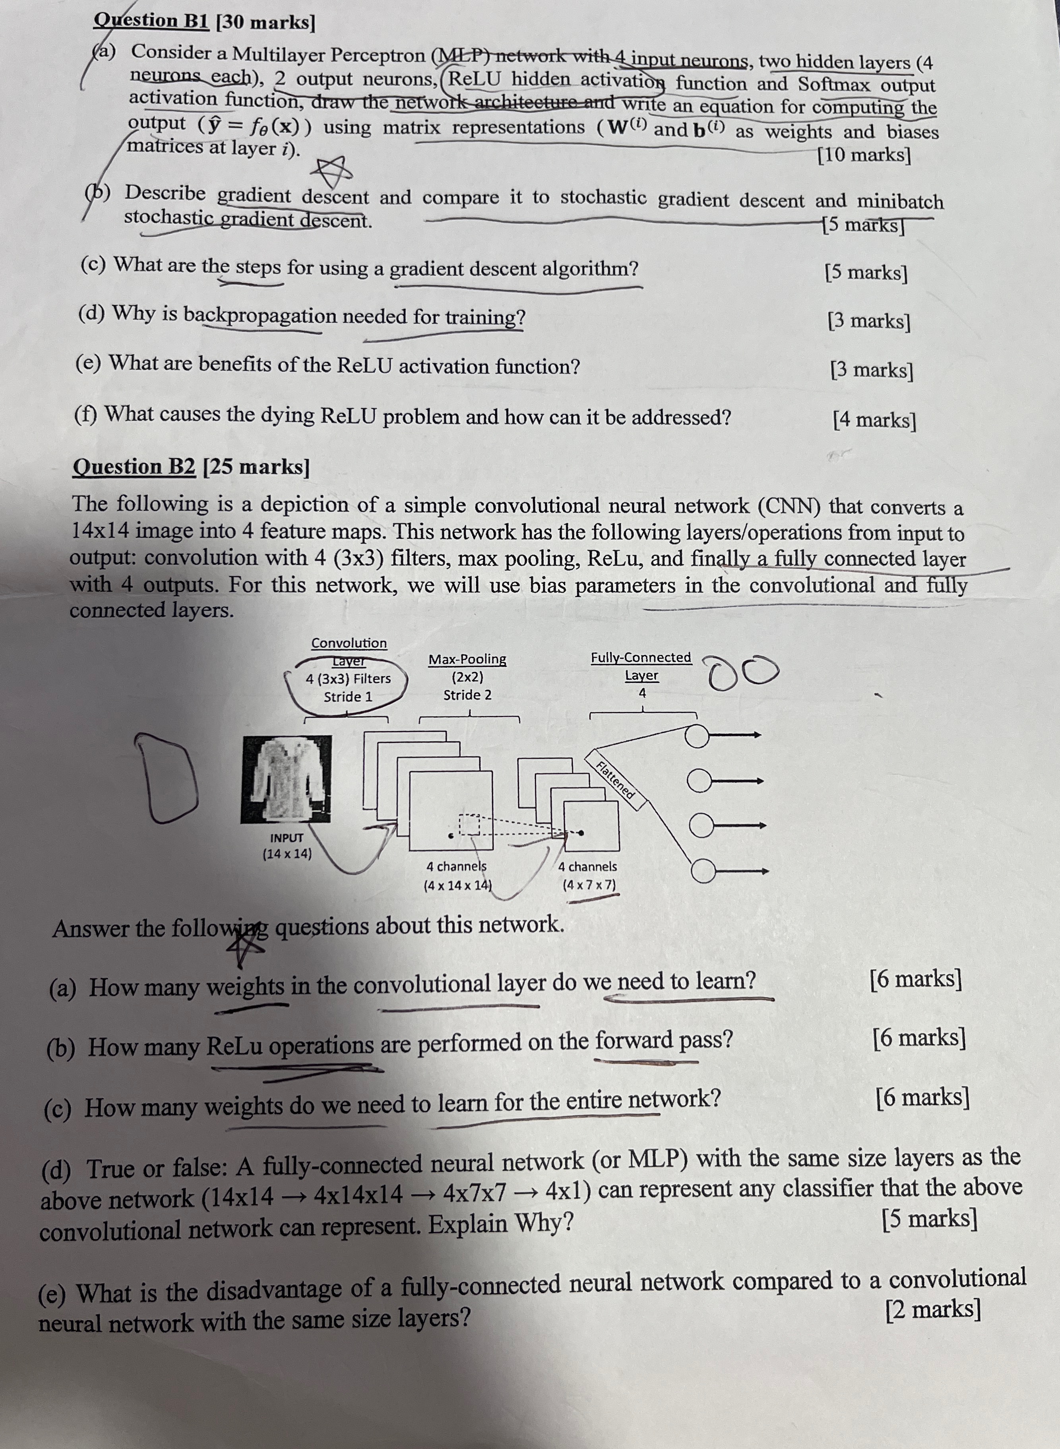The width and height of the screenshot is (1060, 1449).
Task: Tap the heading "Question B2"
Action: click(x=134, y=466)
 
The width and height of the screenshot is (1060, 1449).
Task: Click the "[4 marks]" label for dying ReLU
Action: click(x=874, y=420)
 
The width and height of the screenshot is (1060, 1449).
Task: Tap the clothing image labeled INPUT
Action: click(x=286, y=779)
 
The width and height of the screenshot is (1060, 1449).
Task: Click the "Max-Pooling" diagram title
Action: click(x=467, y=659)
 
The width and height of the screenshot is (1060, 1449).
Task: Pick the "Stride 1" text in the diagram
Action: click(x=348, y=697)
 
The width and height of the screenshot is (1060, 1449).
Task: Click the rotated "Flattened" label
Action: click(x=615, y=779)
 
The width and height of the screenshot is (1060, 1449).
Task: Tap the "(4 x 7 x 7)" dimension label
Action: click(x=588, y=885)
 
